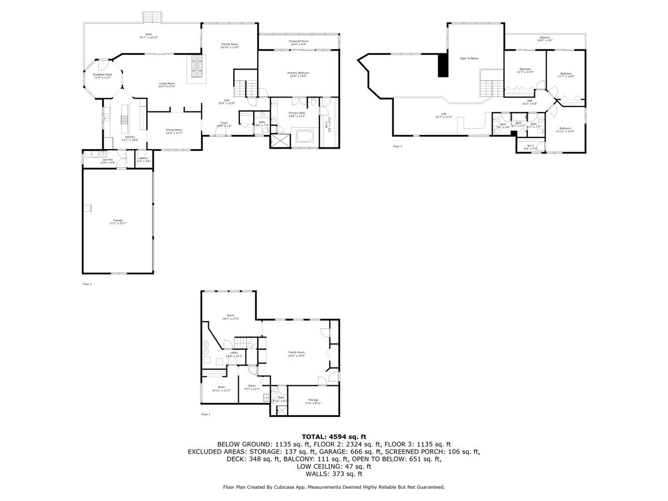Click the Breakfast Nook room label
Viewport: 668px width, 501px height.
pyautogui.click(x=102, y=76)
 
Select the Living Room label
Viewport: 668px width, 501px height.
pyautogui.click(x=166, y=85)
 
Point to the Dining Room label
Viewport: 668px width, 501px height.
pyautogui.click(x=174, y=131)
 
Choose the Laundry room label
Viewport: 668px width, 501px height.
pyautogui.click(x=107, y=161)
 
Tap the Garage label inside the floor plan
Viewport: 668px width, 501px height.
pyautogui.click(x=118, y=222)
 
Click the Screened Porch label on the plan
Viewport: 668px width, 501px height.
pyautogui.click(x=298, y=42)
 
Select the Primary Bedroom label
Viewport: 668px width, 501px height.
pyautogui.click(x=298, y=74)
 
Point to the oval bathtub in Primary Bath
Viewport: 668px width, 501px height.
pyautogui.click(x=304, y=136)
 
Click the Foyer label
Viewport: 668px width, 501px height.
pyautogui.click(x=224, y=124)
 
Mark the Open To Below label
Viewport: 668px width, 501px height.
pyautogui.click(x=469, y=58)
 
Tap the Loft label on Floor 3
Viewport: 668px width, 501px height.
pyautogui.click(x=443, y=115)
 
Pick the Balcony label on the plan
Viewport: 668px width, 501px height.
pyautogui.click(x=545, y=39)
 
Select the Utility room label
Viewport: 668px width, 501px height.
pyautogui.click(x=234, y=354)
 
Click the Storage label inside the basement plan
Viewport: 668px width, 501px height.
pyautogui.click(x=313, y=401)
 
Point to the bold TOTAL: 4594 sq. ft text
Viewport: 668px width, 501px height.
pyautogui.click(x=333, y=436)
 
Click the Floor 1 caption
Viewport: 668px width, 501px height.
pyautogui.click(x=206, y=414)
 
